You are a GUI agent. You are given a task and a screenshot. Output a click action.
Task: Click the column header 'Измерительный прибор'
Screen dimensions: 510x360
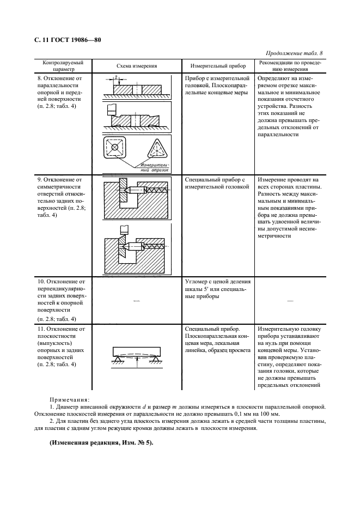[x=215, y=66]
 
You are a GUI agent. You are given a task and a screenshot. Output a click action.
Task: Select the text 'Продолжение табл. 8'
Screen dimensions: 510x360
[x=294, y=53]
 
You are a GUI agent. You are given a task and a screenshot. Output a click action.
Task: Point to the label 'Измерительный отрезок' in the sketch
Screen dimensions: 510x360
[x=155, y=167]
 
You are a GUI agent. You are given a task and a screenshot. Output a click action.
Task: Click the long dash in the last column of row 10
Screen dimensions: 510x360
[x=290, y=300]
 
